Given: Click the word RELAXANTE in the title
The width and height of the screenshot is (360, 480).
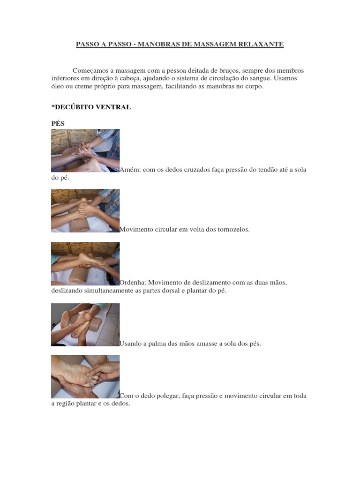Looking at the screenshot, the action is [261, 44].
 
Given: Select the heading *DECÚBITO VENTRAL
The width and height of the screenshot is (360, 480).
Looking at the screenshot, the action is [91, 107].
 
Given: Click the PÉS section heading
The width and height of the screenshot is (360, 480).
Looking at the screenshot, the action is [58, 123].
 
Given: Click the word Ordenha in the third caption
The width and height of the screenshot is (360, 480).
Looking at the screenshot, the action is [133, 282].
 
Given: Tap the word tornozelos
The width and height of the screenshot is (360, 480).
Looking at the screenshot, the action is [233, 229].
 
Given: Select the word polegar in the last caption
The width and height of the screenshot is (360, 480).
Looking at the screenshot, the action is [168, 396].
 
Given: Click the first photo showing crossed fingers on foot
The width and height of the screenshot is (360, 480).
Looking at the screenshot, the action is [85, 150].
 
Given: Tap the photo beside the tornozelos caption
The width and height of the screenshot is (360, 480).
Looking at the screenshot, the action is [85, 210].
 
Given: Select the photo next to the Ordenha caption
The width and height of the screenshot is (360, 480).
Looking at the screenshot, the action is [85, 264].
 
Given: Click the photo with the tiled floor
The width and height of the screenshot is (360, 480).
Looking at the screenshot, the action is [85, 325].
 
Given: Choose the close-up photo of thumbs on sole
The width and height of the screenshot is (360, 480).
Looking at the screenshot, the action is [85, 377].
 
